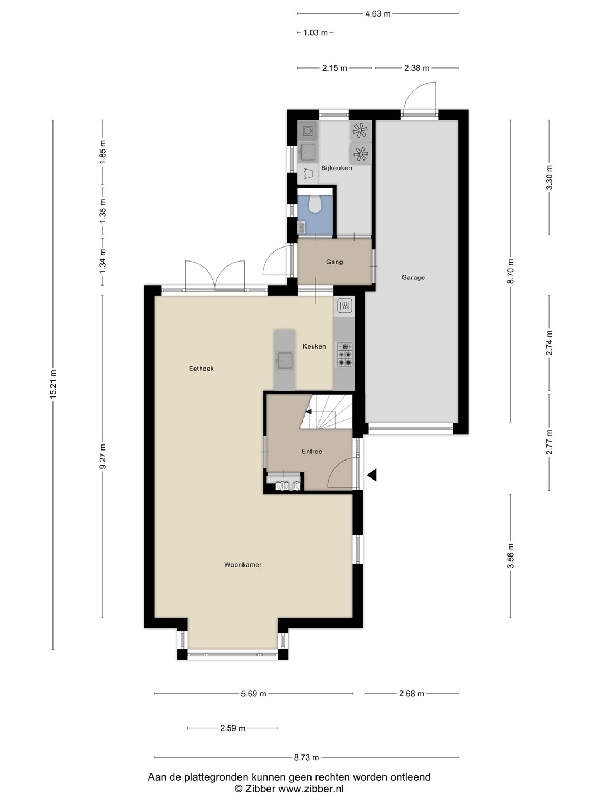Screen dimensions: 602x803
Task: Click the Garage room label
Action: [x=413, y=278]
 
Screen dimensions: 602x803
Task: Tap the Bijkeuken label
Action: [x=336, y=168]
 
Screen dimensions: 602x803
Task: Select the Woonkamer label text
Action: [x=242, y=564]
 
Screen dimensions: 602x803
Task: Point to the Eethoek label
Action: [x=201, y=369]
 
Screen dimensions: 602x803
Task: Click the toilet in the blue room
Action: [x=315, y=204]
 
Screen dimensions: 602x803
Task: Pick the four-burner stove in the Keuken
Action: [x=344, y=354]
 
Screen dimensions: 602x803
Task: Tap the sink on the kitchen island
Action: [x=284, y=361]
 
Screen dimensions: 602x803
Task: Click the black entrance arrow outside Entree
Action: [x=372, y=475]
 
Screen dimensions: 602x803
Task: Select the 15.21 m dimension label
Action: [x=54, y=384]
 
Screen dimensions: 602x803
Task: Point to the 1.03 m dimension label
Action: [x=315, y=32]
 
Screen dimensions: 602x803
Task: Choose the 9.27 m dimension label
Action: [x=103, y=456]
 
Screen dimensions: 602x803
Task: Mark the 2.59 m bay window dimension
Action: [x=233, y=728]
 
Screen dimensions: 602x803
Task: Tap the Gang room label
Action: [x=334, y=262]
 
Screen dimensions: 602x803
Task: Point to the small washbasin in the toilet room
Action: [x=301, y=228]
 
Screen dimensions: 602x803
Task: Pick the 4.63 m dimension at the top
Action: [x=378, y=14]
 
